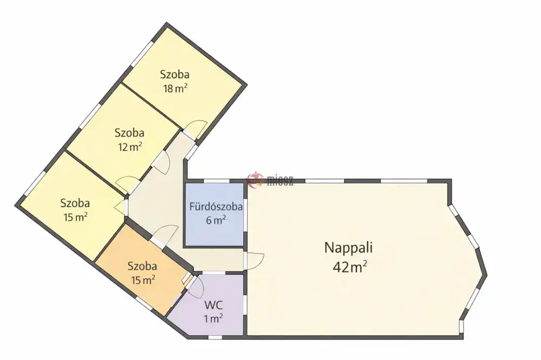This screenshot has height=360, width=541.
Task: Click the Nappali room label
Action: [348, 248]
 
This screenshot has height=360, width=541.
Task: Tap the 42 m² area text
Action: [349, 267]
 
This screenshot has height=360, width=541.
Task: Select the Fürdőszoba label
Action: [216, 207]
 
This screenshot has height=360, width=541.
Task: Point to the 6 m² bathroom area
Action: [216, 220]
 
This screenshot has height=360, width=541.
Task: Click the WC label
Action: [214, 305]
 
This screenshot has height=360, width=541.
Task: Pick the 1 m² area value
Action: [213, 318]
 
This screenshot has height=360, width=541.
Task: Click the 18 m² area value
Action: [175, 89]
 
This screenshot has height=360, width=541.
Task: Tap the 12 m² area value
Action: [130, 147]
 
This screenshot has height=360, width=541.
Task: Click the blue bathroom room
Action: [214, 215]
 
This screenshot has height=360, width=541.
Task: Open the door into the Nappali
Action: [254, 262]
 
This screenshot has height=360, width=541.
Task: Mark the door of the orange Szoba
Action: [164, 236]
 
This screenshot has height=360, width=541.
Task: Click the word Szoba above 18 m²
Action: [175, 75]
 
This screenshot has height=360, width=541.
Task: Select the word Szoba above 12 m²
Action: [129, 133]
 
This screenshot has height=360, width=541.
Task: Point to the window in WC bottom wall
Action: [215, 337]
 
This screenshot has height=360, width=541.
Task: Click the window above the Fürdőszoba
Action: [217, 181]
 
